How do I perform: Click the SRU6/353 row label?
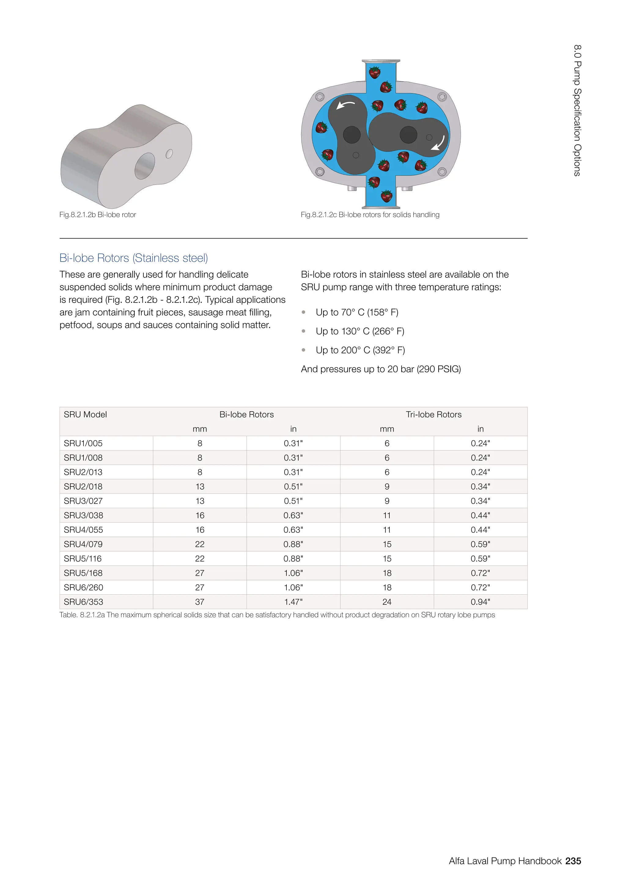click(x=83, y=602)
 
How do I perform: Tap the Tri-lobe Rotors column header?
click(x=434, y=414)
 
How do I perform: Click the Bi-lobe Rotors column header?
click(x=247, y=414)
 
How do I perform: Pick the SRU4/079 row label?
click(x=83, y=544)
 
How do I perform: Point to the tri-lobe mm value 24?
click(x=387, y=602)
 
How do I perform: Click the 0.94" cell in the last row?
click(x=480, y=602)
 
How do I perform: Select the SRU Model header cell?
click(x=85, y=414)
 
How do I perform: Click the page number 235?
click(x=573, y=861)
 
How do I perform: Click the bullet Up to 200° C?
click(x=360, y=350)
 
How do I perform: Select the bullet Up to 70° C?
click(x=357, y=312)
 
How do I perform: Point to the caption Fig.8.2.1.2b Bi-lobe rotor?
click(x=98, y=215)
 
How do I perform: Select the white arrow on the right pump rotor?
click(x=438, y=143)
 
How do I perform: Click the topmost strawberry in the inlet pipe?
click(x=375, y=72)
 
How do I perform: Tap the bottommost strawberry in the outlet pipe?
click(x=387, y=196)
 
